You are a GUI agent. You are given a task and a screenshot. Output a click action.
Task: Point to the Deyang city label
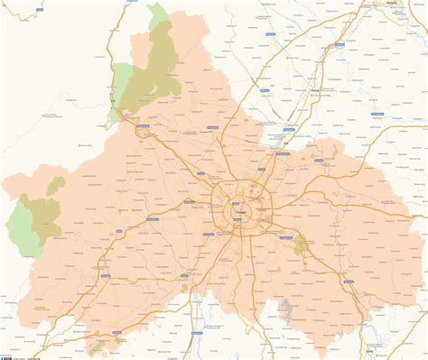coord(313,91)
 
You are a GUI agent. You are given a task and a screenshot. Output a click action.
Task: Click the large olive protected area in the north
coord(157,68)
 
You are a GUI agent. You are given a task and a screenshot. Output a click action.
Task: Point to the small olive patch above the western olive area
coord(56,185)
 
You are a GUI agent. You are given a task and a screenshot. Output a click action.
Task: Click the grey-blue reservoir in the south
coord(289,312)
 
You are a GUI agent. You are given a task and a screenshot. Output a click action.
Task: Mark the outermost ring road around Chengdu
coord(214,212)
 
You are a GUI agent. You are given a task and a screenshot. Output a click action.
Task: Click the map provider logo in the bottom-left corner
coord(5,355)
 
